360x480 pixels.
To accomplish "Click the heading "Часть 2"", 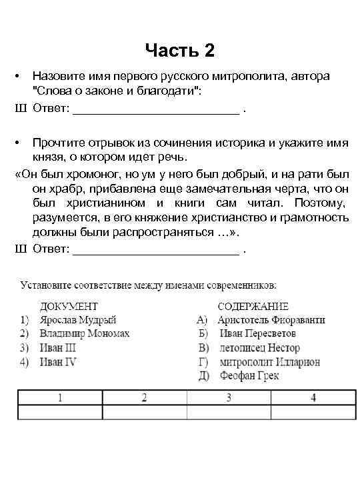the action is click(x=179, y=51).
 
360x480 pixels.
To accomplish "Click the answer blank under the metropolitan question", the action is click(x=155, y=110).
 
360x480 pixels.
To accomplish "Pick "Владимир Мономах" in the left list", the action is click(x=84, y=334).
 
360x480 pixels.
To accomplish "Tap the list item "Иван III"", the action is click(x=58, y=348).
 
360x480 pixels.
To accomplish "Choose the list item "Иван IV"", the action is click(x=59, y=362).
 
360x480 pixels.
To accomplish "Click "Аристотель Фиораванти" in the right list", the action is click(x=271, y=320).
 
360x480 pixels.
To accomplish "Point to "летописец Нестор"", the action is click(x=259, y=348).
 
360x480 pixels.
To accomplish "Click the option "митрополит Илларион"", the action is click(x=269, y=362).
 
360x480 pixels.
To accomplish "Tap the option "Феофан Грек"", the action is click(x=248, y=376).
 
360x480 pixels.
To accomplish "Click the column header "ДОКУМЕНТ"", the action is click(x=69, y=307).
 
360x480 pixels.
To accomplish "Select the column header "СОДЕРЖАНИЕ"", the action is click(x=257, y=307).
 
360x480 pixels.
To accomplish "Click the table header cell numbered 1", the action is click(x=60, y=398).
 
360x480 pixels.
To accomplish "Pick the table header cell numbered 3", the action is click(x=229, y=398).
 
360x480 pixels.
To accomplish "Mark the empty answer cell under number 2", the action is click(x=144, y=412).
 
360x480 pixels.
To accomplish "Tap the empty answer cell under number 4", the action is click(x=313, y=412).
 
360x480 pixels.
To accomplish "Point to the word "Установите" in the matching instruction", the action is click(x=45, y=286).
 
